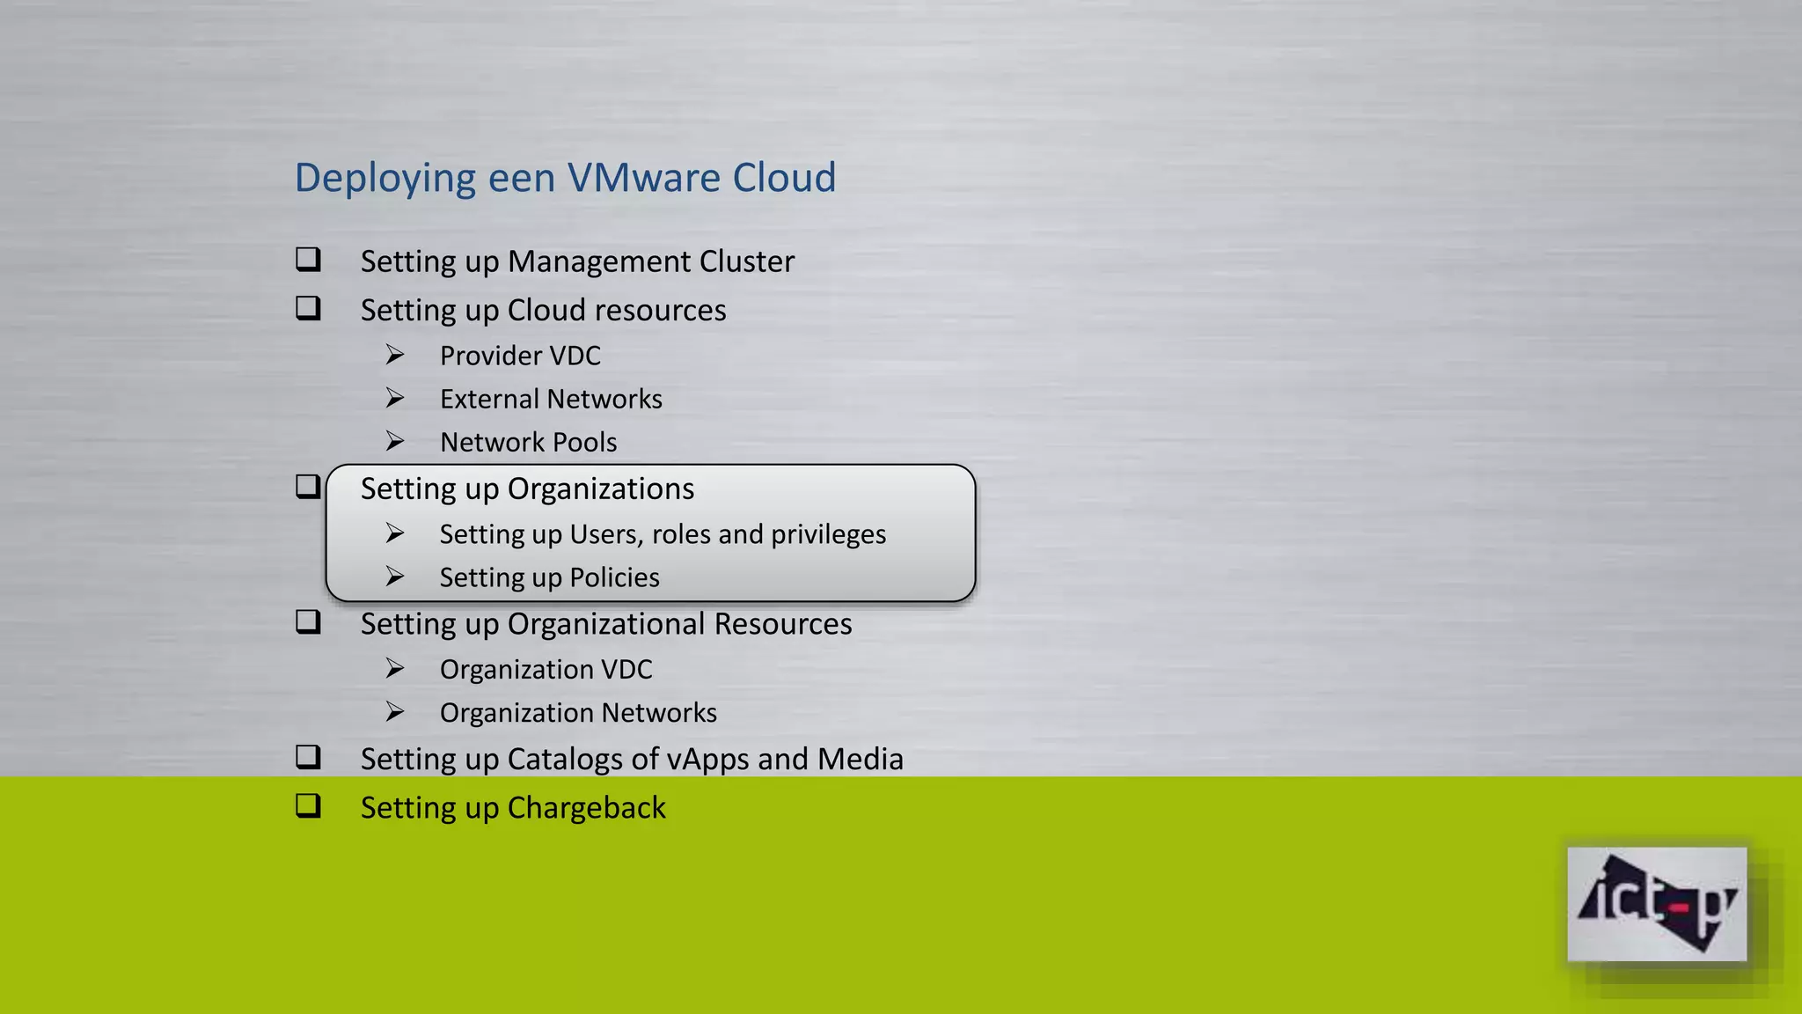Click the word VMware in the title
[x=644, y=178]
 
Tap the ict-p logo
[x=1656, y=904]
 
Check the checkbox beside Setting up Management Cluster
[x=308, y=260]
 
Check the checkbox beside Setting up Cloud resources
[x=308, y=308]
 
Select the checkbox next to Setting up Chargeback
[x=308, y=806]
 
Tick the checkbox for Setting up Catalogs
[x=308, y=757]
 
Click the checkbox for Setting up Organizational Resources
[x=308, y=622]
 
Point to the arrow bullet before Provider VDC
[x=395, y=355]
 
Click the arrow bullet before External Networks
[x=395, y=398]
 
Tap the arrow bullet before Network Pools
[x=395, y=441]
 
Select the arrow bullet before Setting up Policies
[x=395, y=577]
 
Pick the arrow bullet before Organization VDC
[x=395, y=668]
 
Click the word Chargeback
[x=586, y=808]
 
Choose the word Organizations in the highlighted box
[x=600, y=489]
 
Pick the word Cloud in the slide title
[x=784, y=178]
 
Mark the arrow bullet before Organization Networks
[x=395, y=711]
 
